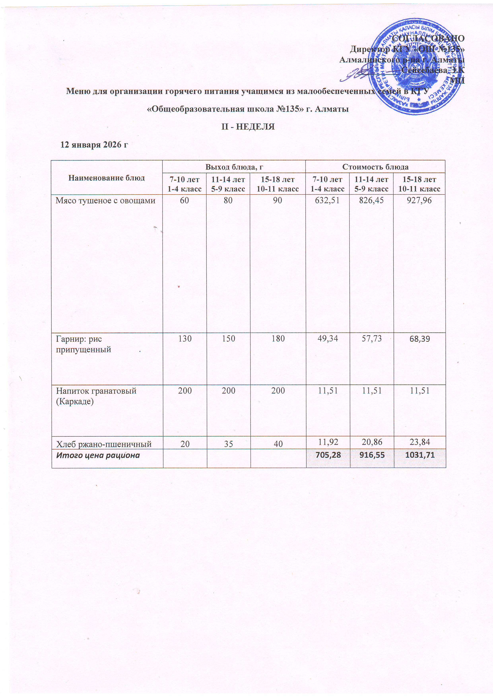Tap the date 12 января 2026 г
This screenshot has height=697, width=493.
tap(94, 145)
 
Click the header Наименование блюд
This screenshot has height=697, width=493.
tap(106, 178)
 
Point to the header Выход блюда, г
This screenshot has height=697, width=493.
tap(234, 167)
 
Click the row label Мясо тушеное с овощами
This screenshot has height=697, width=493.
tap(105, 201)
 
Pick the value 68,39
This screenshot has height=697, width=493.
tap(419, 339)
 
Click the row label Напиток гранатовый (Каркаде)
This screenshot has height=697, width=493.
tap(96, 396)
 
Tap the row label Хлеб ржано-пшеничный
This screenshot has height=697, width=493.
tap(104, 444)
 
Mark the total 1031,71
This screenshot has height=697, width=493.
tap(419, 455)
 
